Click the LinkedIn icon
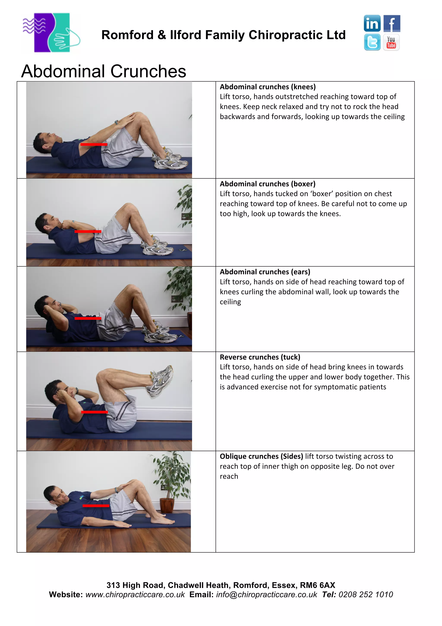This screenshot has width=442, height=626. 372,24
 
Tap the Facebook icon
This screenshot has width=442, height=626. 392,24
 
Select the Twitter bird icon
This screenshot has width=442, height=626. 372,42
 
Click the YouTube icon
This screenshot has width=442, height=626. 391,42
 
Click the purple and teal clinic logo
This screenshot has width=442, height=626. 51,33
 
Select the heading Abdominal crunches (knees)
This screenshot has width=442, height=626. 267,87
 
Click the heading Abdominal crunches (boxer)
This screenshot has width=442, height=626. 267,184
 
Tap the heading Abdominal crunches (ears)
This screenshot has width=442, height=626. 265,272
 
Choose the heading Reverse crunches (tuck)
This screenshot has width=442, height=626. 260,357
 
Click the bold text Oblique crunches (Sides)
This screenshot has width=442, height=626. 261,456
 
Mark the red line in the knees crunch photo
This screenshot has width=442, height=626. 94,145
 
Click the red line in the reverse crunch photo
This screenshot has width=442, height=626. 94,412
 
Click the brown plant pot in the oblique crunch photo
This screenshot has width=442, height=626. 167,505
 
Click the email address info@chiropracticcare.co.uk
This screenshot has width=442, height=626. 266,595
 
